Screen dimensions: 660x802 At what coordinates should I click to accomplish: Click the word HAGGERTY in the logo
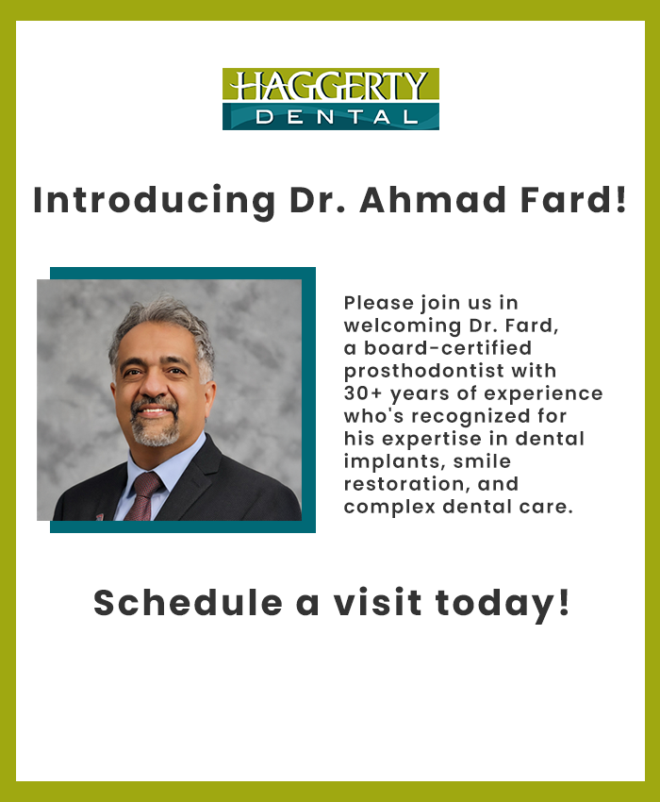[x=330, y=86]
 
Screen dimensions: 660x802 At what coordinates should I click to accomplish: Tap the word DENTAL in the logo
[x=337, y=118]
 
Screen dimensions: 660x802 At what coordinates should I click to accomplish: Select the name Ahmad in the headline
[x=433, y=199]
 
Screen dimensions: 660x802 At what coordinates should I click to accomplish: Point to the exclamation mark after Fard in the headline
[x=620, y=199]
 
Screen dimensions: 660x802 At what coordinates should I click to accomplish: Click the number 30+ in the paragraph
[x=363, y=393]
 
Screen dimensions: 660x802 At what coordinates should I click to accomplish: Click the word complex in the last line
[x=389, y=508]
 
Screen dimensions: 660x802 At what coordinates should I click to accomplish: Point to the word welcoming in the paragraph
[x=403, y=326]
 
